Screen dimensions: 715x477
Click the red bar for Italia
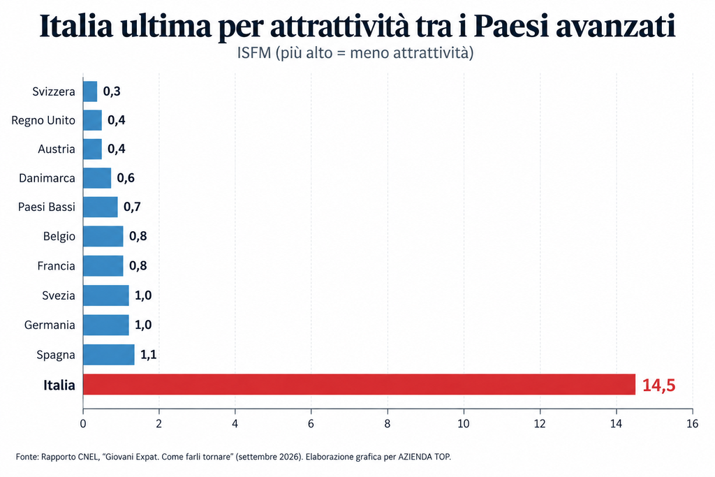point(360,384)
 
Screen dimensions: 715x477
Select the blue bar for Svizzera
point(90,91)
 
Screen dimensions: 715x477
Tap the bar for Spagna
point(109,354)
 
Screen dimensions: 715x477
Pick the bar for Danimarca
point(97,178)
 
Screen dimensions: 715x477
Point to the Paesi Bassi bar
point(101,207)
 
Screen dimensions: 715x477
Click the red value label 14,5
point(658,386)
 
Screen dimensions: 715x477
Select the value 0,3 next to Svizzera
point(112,91)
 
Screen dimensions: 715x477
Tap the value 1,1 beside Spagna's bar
point(148,355)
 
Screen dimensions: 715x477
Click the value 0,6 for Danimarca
point(126,178)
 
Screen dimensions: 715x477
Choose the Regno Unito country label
point(43,120)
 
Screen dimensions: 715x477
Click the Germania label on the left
point(50,325)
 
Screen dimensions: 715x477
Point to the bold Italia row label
point(59,386)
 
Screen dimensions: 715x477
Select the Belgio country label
point(59,236)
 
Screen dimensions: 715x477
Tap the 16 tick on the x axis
point(692,424)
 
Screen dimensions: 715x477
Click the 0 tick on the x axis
point(83,424)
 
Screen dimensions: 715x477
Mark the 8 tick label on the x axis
point(387,424)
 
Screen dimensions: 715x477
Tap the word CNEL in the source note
point(87,457)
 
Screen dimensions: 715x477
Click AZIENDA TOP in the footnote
point(424,457)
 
